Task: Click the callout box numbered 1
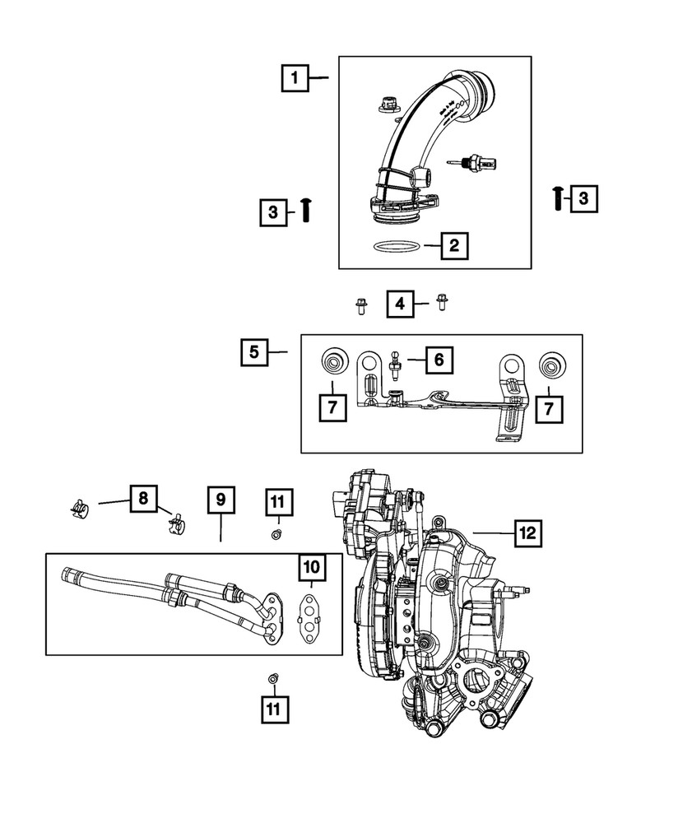coord(294,78)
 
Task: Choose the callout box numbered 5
coord(255,352)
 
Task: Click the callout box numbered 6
coord(439,360)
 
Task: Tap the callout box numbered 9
coord(221,500)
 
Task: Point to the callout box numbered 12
coord(527,533)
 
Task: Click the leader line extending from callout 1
coord(319,78)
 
